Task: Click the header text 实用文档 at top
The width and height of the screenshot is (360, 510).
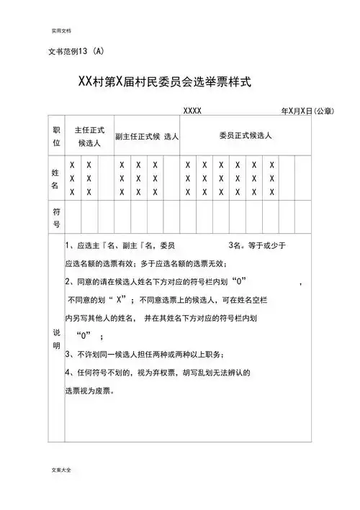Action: pyautogui.click(x=61, y=32)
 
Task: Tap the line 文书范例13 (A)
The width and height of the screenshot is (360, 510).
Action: pyautogui.click(x=76, y=52)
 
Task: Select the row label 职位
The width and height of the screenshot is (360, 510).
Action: pyautogui.click(x=56, y=137)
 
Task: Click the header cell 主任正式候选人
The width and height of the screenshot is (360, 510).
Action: pyautogui.click(x=90, y=137)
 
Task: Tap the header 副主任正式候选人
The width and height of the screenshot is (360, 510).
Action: pyautogui.click(x=147, y=136)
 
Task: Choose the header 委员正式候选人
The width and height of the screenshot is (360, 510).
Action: pyautogui.click(x=246, y=135)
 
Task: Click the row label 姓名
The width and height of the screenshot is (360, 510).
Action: pyautogui.click(x=56, y=178)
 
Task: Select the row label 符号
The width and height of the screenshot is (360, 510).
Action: pyautogui.click(x=56, y=218)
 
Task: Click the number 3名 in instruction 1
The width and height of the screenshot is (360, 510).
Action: pyautogui.click(x=235, y=245)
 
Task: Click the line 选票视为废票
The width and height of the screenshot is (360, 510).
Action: pyautogui.click(x=90, y=392)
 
